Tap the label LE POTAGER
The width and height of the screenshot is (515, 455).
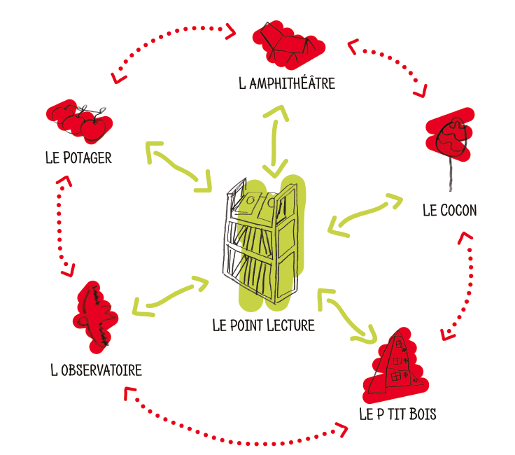pyautogui.click(x=78, y=157)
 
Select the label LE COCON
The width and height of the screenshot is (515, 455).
pyautogui.click(x=450, y=210)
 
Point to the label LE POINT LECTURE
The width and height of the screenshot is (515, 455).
pyautogui.click(x=263, y=325)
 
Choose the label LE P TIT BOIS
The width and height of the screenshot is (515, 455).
pyautogui.click(x=397, y=414)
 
